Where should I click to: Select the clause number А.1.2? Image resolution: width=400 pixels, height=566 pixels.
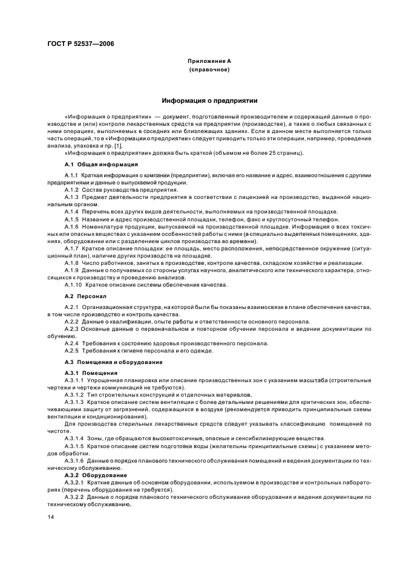(73, 190)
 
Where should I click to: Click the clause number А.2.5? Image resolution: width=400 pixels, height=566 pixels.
(73, 350)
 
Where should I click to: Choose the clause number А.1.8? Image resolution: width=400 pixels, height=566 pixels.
(73, 262)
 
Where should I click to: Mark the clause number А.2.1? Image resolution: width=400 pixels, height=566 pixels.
(73, 308)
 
